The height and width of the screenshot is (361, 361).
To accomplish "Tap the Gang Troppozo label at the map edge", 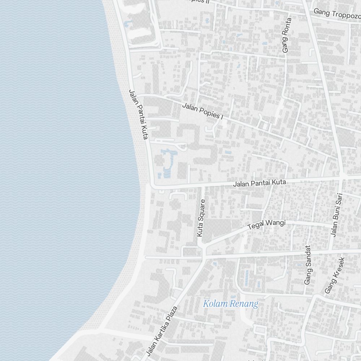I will pos(337,14).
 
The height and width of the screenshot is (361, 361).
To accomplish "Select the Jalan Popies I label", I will pos(203,111).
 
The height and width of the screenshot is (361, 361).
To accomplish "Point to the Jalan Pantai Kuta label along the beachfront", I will pos(139,114).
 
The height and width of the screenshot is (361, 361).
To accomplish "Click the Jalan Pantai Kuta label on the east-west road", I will pos(260,183).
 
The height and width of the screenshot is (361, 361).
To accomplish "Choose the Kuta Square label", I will pos(201,218).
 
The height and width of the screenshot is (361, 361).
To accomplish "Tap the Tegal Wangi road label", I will pos(266,225).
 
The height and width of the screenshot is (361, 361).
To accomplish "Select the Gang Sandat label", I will pos(308,265).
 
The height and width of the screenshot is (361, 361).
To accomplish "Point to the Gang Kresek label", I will pos(335,275).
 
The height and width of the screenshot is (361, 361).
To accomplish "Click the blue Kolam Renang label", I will pos(231,304).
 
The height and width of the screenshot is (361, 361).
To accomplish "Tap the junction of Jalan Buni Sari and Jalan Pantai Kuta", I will pos(342,177).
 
